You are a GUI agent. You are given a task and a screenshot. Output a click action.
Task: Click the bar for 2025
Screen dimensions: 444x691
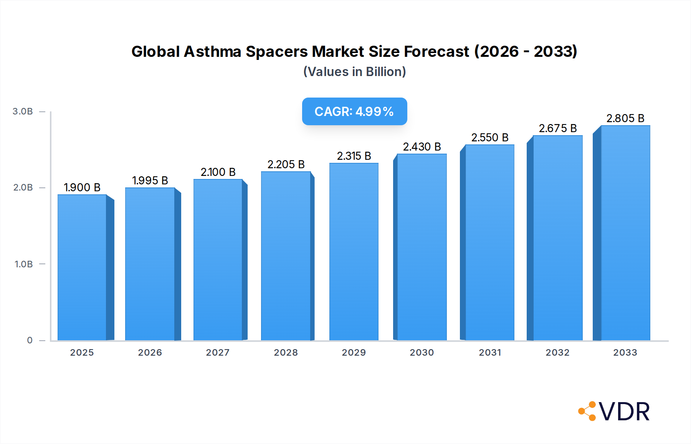pyautogui.click(x=82, y=267)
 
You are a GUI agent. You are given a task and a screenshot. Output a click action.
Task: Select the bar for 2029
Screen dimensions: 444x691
pyautogui.click(x=354, y=252)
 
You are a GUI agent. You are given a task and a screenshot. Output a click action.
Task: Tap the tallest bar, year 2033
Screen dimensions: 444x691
pyautogui.click(x=625, y=233)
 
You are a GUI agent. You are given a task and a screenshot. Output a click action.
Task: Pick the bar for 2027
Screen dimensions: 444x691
pyautogui.click(x=218, y=260)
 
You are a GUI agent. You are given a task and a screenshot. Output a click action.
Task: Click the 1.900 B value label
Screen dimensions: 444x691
pyautogui.click(x=82, y=187)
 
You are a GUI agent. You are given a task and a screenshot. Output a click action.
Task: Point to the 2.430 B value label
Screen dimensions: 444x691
pyautogui.click(x=422, y=147)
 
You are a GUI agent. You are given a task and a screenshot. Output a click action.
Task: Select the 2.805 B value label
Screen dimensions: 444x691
pyautogui.click(x=625, y=118)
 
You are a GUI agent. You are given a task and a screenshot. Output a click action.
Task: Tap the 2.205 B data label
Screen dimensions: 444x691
pyautogui.click(x=286, y=164)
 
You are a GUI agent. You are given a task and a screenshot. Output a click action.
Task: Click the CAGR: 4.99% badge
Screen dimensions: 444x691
pyautogui.click(x=354, y=111)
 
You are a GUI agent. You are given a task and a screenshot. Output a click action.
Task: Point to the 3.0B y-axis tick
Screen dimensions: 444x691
pyautogui.click(x=23, y=111)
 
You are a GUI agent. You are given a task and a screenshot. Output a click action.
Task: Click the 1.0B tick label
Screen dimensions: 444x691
pyautogui.click(x=24, y=264)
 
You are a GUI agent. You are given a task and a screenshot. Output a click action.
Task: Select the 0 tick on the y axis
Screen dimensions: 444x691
pyautogui.click(x=30, y=340)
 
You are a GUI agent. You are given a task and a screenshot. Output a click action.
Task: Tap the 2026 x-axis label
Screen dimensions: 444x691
pyautogui.click(x=150, y=353)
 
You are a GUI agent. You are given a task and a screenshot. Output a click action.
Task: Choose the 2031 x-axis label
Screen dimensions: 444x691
pyautogui.click(x=490, y=353)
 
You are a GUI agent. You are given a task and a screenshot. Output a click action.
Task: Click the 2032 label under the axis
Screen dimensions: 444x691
pyautogui.click(x=557, y=353)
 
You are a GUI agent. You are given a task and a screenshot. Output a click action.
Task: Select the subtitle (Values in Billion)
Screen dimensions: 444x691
pyautogui.click(x=354, y=72)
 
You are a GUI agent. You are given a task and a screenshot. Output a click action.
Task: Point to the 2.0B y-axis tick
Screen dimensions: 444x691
pyautogui.click(x=23, y=187)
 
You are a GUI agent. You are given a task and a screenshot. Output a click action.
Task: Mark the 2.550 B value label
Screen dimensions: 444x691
pyautogui.click(x=490, y=138)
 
